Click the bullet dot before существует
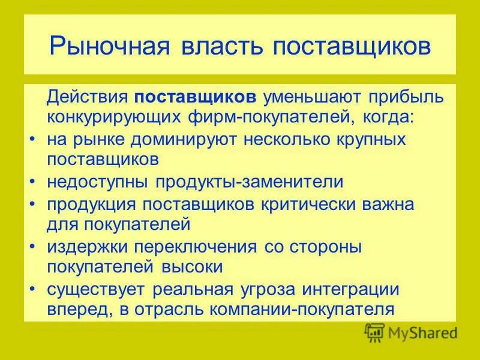pos(32,290)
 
